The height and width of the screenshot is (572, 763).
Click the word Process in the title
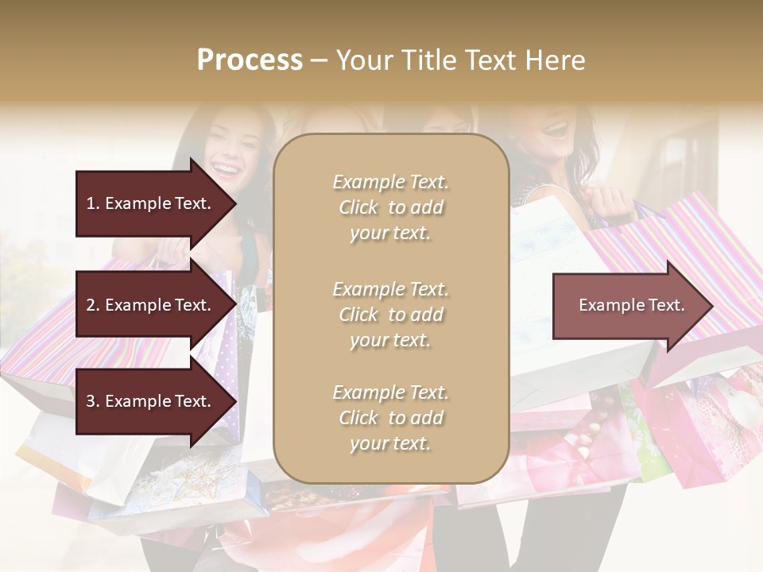[250, 60]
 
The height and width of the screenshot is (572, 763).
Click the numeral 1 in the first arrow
[90, 203]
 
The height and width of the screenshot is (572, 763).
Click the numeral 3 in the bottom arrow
[91, 401]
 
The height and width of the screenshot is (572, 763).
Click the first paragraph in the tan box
[390, 207]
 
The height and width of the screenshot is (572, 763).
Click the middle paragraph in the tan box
[390, 315]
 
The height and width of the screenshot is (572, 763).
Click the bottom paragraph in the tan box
[390, 418]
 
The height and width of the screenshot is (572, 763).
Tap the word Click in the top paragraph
[358, 207]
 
